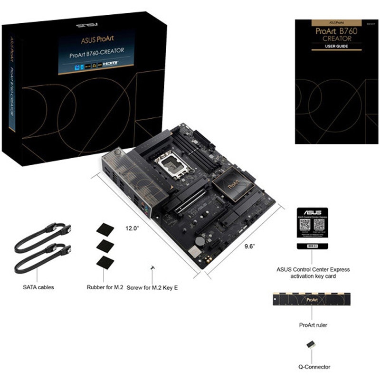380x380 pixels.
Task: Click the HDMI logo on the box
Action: (x=112, y=63)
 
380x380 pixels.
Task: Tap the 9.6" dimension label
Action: (x=250, y=246)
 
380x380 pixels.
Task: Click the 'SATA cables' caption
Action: (x=38, y=287)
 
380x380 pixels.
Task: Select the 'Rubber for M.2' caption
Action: (x=105, y=287)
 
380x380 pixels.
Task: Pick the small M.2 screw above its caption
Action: (x=153, y=268)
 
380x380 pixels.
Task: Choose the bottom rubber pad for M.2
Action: (x=104, y=262)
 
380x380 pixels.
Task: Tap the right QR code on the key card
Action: (x=319, y=224)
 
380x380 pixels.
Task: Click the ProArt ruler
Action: (x=311, y=300)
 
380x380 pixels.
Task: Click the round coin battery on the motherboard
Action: (x=200, y=241)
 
